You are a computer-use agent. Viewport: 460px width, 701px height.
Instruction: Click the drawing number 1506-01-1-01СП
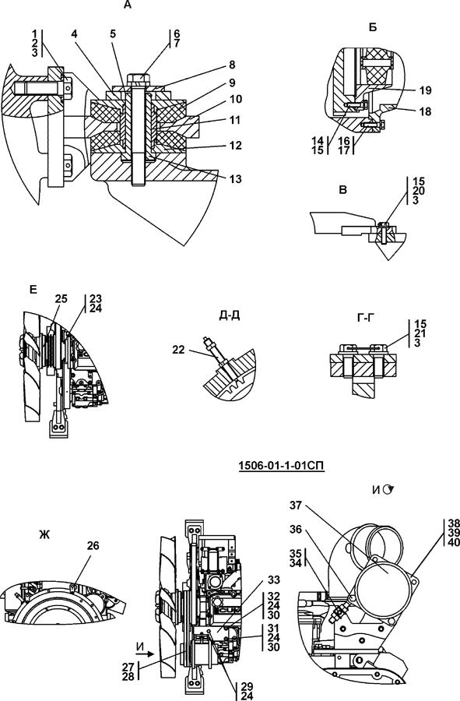point(281,466)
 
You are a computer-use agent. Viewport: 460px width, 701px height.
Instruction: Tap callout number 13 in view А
point(235,179)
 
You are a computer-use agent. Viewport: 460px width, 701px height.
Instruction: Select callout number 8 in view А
point(232,65)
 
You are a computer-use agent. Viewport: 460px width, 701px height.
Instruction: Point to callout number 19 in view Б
point(426,91)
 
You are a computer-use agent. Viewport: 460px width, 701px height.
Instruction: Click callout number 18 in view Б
point(426,111)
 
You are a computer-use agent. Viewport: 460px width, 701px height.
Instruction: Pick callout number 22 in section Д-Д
point(179,350)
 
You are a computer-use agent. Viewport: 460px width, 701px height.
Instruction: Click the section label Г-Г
point(367,318)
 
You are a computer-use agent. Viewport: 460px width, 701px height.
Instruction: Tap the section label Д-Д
point(230,315)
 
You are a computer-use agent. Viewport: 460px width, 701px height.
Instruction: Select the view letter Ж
point(44,534)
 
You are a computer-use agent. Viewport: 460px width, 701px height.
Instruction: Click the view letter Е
point(33,290)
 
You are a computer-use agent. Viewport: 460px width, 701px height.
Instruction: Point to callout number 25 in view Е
point(61,298)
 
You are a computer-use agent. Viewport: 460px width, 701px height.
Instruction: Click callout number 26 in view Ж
point(93,546)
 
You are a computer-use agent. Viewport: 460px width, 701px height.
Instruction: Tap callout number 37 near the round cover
point(296,505)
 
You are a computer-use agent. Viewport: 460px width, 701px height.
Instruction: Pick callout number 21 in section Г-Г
point(420,333)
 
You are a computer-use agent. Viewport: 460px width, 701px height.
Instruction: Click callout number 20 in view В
point(419,192)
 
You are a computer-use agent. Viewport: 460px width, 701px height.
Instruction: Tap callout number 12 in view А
point(235,146)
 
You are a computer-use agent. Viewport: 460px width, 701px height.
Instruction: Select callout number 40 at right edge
point(453,542)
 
